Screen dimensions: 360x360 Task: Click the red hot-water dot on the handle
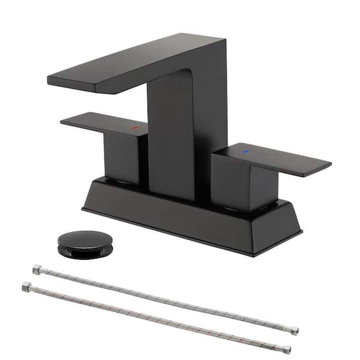(x=135, y=128)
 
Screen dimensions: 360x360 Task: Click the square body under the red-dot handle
(x=123, y=157)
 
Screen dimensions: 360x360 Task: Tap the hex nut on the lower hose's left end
(x=27, y=287)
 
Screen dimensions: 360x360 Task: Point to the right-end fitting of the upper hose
(x=293, y=331)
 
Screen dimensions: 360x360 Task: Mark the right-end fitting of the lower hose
(x=287, y=349)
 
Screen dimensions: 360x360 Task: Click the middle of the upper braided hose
(x=165, y=301)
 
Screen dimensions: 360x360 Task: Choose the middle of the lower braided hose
(x=156, y=318)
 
